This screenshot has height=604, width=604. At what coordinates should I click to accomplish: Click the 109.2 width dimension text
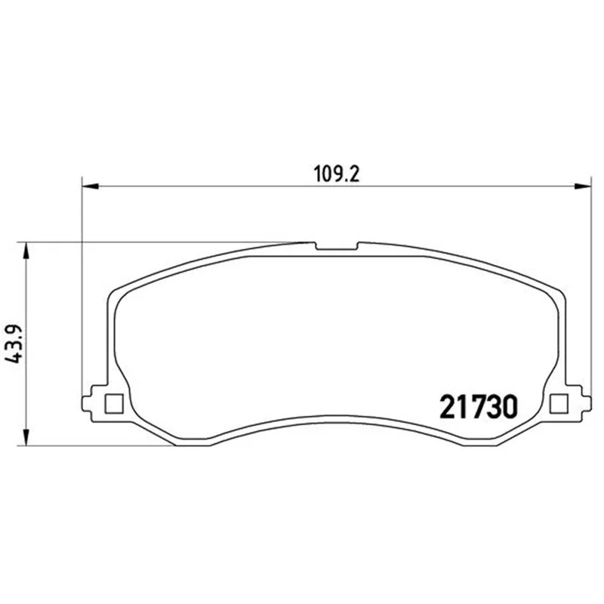tap(337, 174)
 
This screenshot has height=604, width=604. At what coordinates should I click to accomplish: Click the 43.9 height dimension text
tap(14, 344)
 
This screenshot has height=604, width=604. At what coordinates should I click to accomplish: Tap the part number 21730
tap(479, 407)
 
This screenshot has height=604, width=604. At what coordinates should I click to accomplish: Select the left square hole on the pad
tap(114, 404)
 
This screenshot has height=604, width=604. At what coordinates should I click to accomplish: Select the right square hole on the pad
tap(559, 404)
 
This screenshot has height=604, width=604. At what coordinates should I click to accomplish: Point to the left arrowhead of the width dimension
tap(91, 186)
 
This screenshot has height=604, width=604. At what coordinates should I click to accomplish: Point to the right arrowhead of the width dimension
tap(582, 186)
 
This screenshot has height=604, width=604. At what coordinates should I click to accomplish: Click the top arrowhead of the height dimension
tap(26, 251)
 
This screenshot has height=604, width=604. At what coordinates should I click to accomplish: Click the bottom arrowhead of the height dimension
tap(26, 438)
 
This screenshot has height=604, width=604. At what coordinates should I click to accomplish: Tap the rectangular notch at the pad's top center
tap(337, 246)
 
